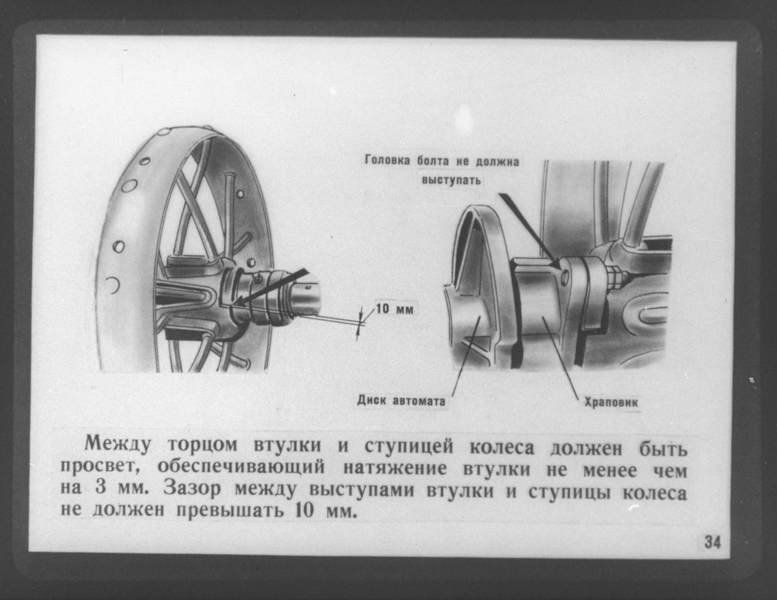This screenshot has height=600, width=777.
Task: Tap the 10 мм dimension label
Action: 395,309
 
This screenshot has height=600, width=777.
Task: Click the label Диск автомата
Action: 401,401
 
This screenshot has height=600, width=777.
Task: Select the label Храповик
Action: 611,403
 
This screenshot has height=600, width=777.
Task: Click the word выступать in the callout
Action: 451,180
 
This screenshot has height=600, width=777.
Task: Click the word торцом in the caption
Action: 202,446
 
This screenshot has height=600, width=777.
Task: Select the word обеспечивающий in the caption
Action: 241,468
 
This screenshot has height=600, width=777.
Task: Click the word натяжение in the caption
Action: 395,469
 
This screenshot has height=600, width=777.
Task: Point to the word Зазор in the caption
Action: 192,490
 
